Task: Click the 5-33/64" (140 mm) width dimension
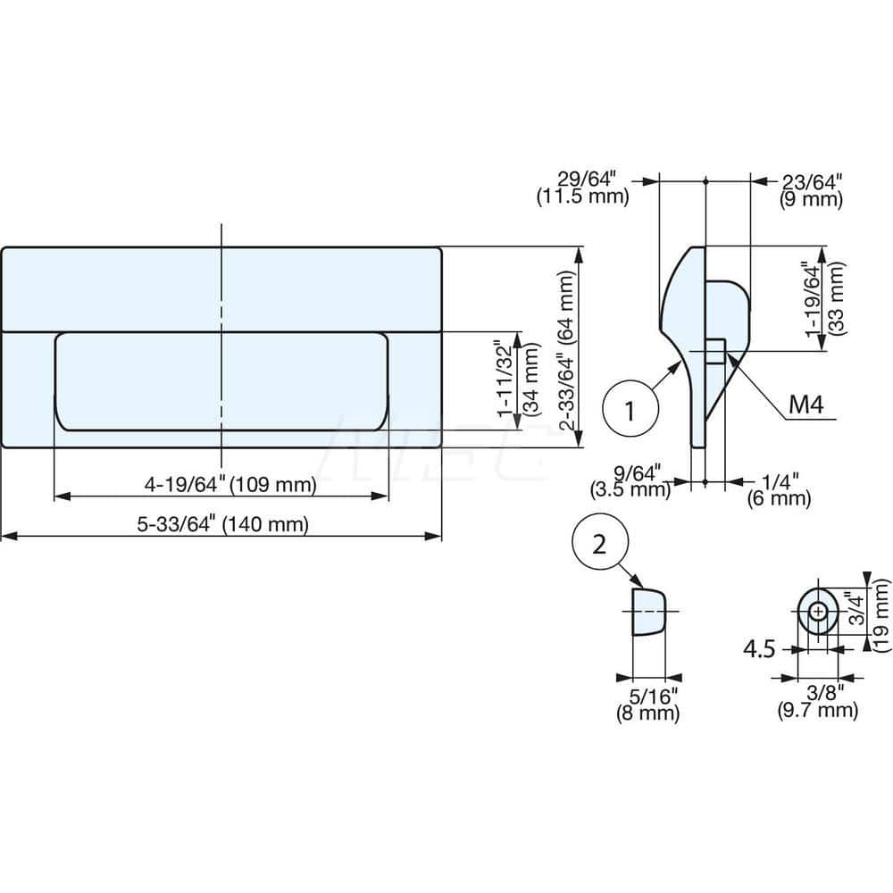pos(222,525)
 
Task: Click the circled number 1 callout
pos(630,411)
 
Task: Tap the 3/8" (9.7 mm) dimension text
pos(818,701)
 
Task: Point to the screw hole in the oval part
pos(817,612)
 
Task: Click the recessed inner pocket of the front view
pos(221,381)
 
